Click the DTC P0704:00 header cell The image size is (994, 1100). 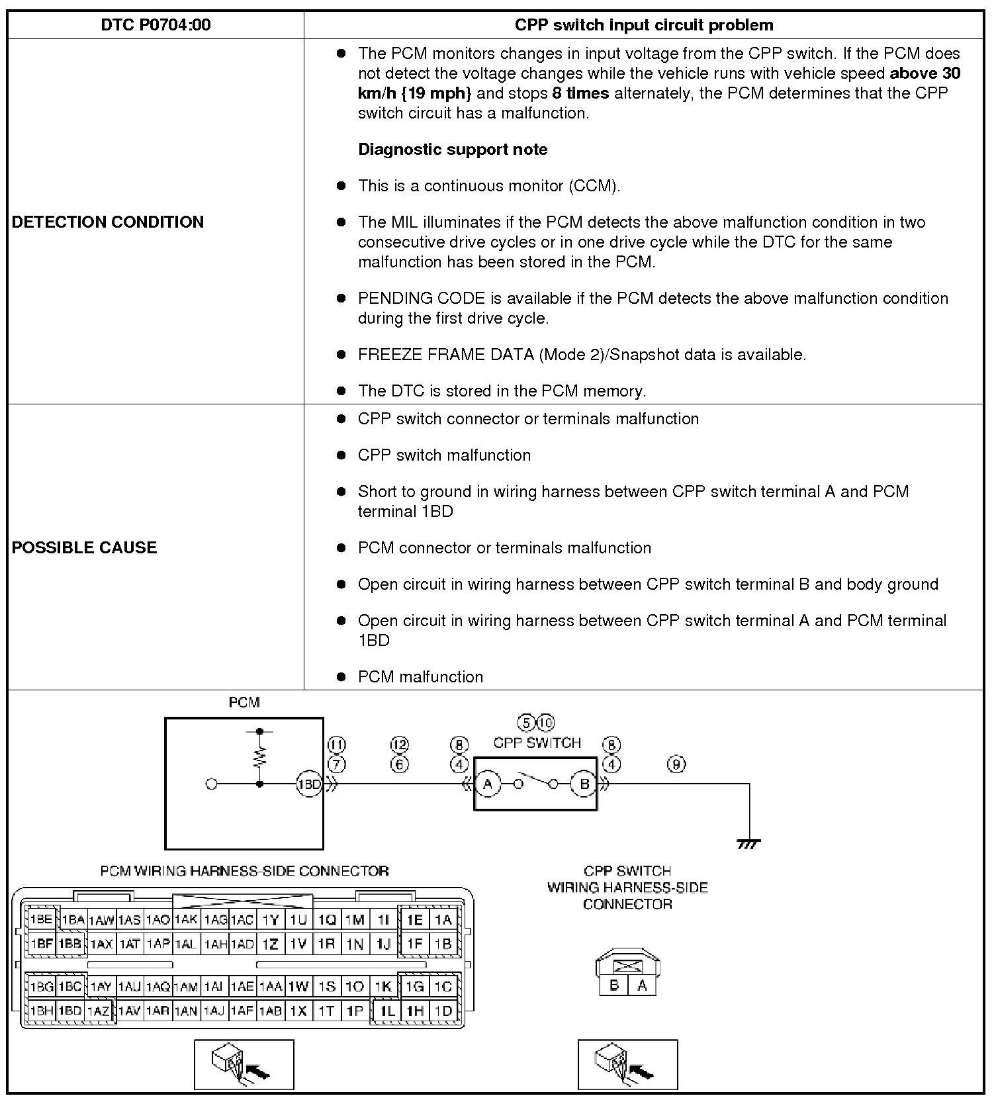(x=156, y=25)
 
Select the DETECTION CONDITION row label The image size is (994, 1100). (x=108, y=222)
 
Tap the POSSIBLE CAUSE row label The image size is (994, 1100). (x=85, y=547)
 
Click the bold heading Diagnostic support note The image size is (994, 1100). (x=453, y=149)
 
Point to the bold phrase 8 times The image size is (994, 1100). (x=580, y=93)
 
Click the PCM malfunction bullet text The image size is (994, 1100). (x=420, y=676)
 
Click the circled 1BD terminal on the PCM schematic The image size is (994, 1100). (x=308, y=784)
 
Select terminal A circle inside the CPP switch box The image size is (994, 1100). (x=488, y=784)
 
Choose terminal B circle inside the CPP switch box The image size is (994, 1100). (x=584, y=784)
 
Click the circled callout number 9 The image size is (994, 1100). (x=676, y=764)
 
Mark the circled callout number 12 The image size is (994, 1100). (x=400, y=745)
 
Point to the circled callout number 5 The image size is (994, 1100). (x=526, y=722)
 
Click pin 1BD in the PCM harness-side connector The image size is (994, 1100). (x=69, y=1011)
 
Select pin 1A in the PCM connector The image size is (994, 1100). (x=443, y=919)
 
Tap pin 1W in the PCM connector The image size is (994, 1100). (x=298, y=986)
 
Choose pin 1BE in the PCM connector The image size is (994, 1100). (x=41, y=919)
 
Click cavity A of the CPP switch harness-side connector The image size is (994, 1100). (x=641, y=985)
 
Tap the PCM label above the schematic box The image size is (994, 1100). (x=244, y=702)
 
